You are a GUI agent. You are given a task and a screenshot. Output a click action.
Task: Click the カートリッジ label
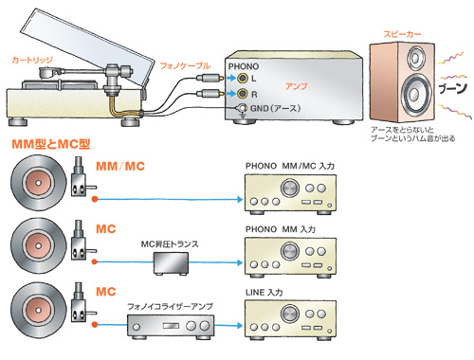[32, 60]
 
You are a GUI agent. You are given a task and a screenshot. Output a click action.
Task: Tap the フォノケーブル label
[185, 65]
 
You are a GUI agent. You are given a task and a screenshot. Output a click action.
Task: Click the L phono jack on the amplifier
[243, 78]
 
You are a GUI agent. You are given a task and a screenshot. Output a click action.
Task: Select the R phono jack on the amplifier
[243, 93]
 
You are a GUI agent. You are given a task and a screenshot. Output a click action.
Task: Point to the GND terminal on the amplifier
[243, 108]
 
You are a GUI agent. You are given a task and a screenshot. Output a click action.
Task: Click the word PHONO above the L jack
[244, 66]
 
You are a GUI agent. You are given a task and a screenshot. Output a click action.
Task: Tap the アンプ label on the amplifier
[296, 86]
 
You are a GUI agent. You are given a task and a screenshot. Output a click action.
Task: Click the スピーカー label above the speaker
[402, 34]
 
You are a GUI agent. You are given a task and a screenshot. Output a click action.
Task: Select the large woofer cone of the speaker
[414, 94]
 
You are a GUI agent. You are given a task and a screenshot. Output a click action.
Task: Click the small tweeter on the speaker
[415, 58]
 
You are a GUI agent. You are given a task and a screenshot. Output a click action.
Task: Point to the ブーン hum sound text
[453, 88]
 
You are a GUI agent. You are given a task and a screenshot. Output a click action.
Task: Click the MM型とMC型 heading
[51, 144]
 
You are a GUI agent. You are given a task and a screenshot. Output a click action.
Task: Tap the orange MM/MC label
[120, 166]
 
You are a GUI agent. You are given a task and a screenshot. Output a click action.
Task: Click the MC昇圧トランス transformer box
[171, 263]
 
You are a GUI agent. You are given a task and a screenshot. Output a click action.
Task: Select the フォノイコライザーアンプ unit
[171, 327]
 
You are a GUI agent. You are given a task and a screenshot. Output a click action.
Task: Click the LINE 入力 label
[264, 293]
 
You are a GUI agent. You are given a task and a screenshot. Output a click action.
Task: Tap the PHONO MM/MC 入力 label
[290, 166]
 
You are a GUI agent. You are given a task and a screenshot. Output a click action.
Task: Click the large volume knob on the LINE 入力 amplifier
[290, 315]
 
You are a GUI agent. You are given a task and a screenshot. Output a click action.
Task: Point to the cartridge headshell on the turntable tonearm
[48, 73]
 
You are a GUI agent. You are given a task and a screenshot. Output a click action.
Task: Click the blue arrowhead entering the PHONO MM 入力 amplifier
[240, 262]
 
